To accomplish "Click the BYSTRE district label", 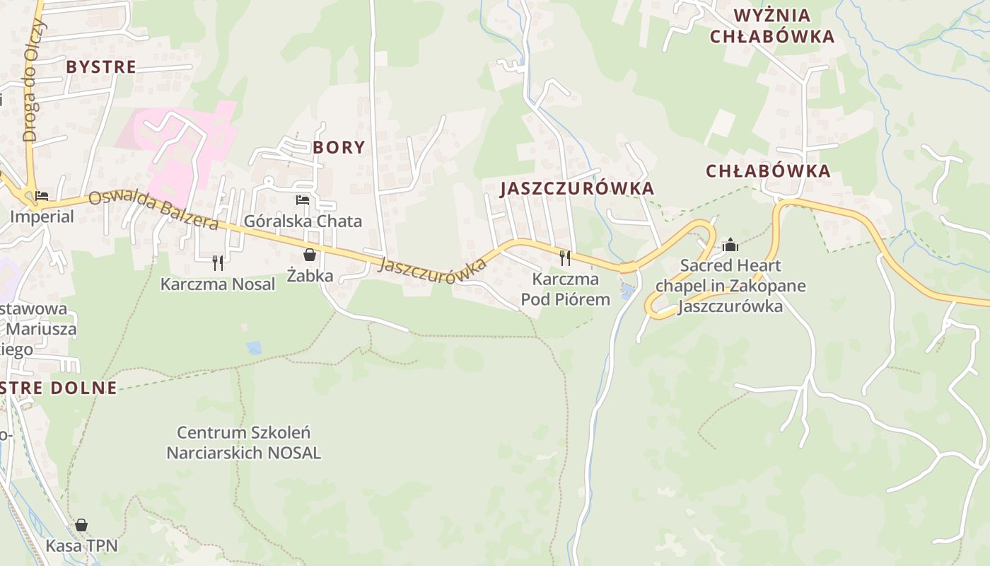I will click(x=100, y=67).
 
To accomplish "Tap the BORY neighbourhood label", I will click(x=339, y=147).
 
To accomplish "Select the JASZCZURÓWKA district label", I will click(x=577, y=188).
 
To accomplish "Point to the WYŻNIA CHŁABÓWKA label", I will click(x=772, y=26).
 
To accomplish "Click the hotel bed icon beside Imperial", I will click(x=42, y=195).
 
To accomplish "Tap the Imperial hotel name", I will click(x=42, y=216).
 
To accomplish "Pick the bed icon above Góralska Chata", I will click(x=303, y=200).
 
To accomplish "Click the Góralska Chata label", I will click(x=303, y=221).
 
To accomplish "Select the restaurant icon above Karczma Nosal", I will click(x=218, y=262).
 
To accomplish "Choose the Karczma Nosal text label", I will click(x=218, y=284).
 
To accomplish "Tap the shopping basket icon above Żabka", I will click(x=310, y=255).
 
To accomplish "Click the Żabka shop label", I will click(x=310, y=275).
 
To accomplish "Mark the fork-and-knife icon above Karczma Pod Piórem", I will click(x=564, y=258).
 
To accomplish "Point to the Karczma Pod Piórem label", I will click(x=565, y=289).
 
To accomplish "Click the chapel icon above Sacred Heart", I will click(x=730, y=246).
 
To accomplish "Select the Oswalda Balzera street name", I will click(x=153, y=210).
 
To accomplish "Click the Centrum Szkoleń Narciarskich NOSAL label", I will click(x=243, y=442).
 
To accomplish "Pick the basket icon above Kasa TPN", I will click(x=81, y=525).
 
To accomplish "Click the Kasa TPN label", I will click(x=81, y=545).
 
